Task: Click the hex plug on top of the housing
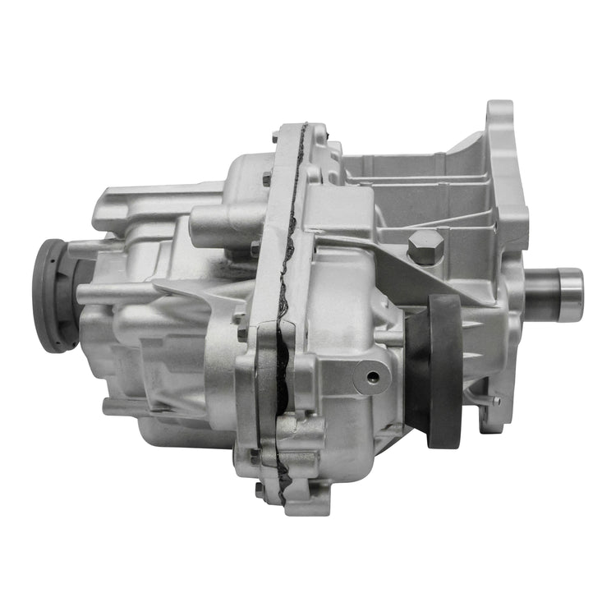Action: (x=425, y=246)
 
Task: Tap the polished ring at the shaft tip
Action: (x=569, y=295)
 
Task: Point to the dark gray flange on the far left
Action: (x=50, y=295)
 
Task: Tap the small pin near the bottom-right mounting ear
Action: (x=495, y=400)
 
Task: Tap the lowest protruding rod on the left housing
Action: (x=123, y=405)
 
